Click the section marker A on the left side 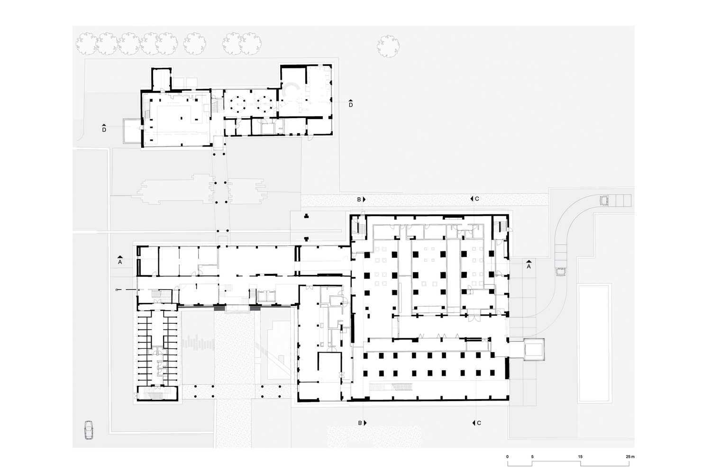120,261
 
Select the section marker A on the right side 529,266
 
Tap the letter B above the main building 359,200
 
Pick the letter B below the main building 360,423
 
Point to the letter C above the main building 477,199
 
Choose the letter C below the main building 479,423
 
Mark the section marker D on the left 104,129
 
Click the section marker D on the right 351,104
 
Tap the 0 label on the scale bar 507,456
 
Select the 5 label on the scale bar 532,456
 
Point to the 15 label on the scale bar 580,456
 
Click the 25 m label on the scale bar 629,456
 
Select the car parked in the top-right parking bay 604,201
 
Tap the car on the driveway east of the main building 562,272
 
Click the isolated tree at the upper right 389,46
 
